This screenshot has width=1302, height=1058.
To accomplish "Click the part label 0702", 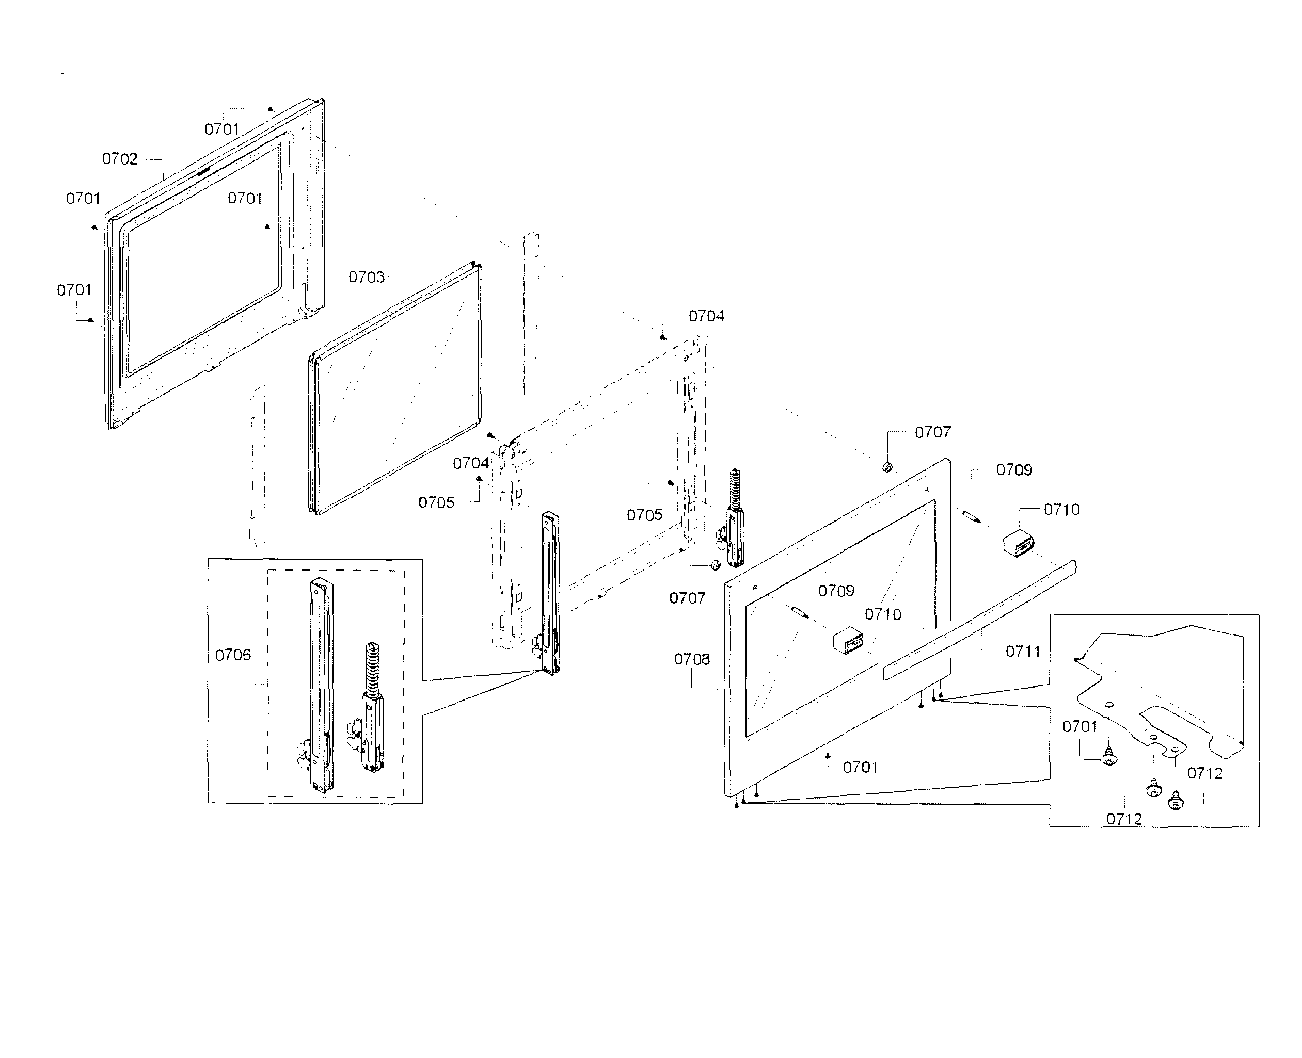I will coord(120,159).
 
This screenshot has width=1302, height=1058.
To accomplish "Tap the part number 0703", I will coord(366,278).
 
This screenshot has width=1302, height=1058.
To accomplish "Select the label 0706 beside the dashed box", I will coord(233,655).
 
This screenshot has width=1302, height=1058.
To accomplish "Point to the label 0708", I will coord(692,659).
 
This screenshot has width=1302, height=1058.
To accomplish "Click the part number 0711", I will coord(1023,652).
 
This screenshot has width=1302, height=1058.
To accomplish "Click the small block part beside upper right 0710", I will coord(1019,542).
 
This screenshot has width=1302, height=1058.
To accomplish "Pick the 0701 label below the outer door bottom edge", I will coord(860,767).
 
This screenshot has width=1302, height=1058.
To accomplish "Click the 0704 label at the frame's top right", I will coord(706,316).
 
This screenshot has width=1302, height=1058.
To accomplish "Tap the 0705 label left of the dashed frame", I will coord(436,503).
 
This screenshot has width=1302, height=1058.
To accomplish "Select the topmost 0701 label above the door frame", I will coord(221,129).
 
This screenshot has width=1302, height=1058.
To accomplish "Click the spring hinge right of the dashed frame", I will coord(735,518).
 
